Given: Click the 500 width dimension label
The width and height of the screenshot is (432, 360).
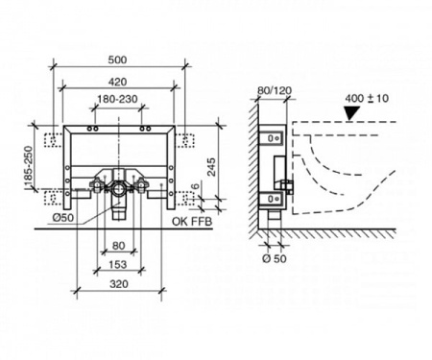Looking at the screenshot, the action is pos(117,60).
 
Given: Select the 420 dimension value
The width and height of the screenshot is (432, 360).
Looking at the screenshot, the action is pos(117,82).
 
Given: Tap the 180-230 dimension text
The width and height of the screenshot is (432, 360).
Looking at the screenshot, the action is pos(117,99).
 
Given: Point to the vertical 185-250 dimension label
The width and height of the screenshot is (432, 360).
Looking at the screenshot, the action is pos(29,167).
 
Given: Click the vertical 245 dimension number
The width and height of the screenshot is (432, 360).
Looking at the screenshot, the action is pos(211,167).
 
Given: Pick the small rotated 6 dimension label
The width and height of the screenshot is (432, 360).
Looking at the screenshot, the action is pos(196,185).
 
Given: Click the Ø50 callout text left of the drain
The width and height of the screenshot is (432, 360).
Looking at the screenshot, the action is pos(63,218).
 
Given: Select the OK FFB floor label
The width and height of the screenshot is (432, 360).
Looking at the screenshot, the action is pos(192,222).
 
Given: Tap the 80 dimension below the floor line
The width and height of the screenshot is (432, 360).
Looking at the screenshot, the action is pos(118,246).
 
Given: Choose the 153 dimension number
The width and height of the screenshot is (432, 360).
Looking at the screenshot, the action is pos(118,265).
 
